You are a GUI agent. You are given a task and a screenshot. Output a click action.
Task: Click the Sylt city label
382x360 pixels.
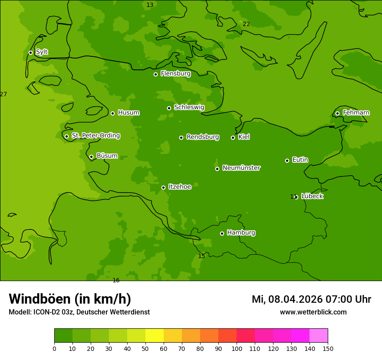tap(42, 52)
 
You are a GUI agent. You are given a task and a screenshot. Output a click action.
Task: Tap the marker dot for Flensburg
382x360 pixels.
tap(155, 74)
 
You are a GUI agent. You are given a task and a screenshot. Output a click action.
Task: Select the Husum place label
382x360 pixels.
tap(128, 113)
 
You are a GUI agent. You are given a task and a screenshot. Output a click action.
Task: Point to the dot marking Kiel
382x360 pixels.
tap(233, 137)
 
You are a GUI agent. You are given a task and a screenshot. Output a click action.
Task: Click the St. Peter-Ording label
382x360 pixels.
tap(95, 136)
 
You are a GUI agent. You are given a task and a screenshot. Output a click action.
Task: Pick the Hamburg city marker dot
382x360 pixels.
tap(222, 233)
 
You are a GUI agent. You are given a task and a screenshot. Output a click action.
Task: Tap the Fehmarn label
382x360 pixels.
tap(356, 113)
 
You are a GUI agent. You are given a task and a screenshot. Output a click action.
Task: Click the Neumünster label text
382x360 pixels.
tap(241, 168)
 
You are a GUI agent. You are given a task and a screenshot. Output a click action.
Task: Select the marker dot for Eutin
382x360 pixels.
tap(287, 160)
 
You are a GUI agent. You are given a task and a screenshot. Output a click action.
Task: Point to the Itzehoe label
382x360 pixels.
tap(180, 187)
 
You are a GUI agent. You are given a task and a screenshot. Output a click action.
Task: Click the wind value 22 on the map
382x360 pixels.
tap(246, 24)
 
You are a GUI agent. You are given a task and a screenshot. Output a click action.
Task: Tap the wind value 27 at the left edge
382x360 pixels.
tap(3, 94)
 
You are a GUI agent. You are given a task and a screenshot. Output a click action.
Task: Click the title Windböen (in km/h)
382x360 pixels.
tap(70, 299)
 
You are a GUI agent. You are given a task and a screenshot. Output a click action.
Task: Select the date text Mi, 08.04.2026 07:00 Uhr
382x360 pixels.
tap(311, 299)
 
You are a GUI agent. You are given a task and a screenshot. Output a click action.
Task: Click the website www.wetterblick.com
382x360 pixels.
tap(313, 312)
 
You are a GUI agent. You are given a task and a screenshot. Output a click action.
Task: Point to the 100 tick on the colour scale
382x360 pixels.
tap(237, 348)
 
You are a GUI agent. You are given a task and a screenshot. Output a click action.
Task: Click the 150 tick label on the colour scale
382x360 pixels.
tap(328, 348)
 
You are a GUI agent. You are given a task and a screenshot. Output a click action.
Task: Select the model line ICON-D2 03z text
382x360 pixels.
tap(79, 312)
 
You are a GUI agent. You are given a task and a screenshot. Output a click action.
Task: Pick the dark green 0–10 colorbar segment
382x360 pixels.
tap(63, 336)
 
